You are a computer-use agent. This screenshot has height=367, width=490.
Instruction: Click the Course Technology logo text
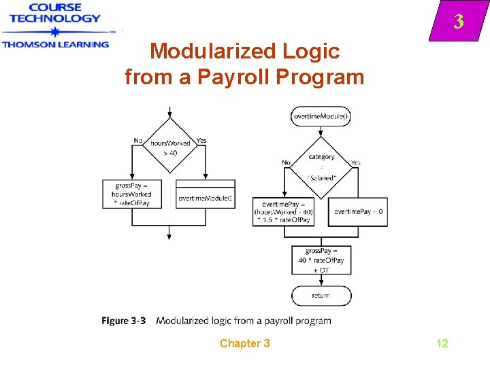[54, 13]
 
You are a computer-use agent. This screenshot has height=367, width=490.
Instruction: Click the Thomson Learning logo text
[55, 43]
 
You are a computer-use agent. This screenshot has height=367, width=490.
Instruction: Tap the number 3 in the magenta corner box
[459, 22]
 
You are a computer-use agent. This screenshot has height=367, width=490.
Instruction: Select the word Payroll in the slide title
[231, 77]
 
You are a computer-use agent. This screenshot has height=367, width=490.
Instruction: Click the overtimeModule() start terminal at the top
[321, 116]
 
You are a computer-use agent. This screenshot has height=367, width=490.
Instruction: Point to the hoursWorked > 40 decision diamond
[169, 147]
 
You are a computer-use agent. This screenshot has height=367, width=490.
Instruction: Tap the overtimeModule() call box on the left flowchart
[206, 198]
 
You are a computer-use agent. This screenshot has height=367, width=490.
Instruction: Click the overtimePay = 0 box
[358, 211]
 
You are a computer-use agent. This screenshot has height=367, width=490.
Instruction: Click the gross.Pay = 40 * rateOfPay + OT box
[321, 260]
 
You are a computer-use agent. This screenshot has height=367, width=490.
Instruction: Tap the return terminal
[321, 296]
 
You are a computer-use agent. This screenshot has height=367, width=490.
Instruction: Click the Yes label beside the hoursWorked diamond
[201, 141]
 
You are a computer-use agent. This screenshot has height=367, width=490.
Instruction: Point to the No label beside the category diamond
[286, 162]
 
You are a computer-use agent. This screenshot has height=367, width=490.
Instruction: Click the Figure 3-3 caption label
[124, 321]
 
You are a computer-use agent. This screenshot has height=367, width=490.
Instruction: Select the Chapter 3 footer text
[244, 343]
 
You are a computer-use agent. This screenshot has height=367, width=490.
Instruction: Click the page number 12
[442, 343]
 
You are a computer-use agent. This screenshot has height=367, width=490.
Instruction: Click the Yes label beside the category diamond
[356, 162]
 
